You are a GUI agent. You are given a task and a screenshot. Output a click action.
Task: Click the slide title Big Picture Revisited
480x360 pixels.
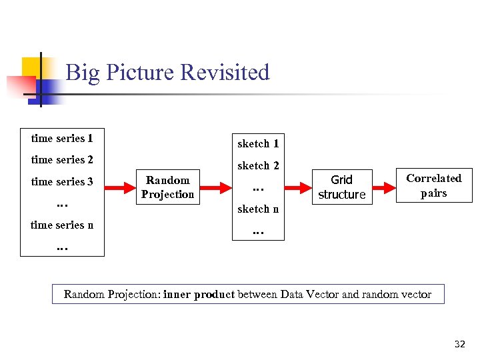click(167, 72)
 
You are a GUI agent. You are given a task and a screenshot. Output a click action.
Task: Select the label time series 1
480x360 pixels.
click(62, 139)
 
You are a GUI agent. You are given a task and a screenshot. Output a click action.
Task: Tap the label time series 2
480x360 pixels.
click(62, 159)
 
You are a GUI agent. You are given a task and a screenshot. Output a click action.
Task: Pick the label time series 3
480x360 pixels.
click(62, 181)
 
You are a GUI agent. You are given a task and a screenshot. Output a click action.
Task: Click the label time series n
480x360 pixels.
click(62, 225)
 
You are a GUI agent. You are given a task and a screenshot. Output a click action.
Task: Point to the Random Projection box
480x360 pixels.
click(167, 187)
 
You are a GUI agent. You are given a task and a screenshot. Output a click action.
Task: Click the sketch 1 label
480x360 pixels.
click(258, 143)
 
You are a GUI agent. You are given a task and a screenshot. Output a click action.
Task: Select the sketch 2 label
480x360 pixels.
click(258, 165)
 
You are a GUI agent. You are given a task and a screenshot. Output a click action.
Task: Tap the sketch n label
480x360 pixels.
click(258, 209)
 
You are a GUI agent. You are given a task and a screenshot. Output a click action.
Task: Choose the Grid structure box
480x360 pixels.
click(341, 187)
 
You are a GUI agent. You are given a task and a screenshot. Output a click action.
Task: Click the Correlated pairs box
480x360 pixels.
click(433, 186)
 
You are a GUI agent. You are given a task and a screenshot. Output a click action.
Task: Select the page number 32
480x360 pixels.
click(459, 344)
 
